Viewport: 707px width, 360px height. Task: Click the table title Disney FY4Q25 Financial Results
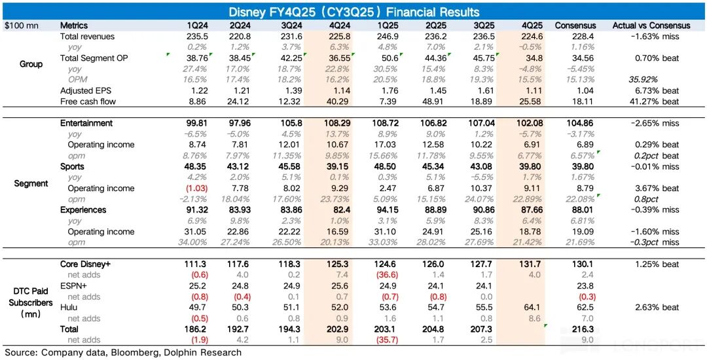[x=353, y=12]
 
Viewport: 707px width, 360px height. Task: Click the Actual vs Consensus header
[x=651, y=26]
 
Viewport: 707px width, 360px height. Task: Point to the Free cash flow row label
[x=87, y=101]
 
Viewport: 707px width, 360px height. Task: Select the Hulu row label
[x=69, y=307]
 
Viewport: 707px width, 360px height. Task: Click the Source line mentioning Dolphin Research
[x=123, y=353]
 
